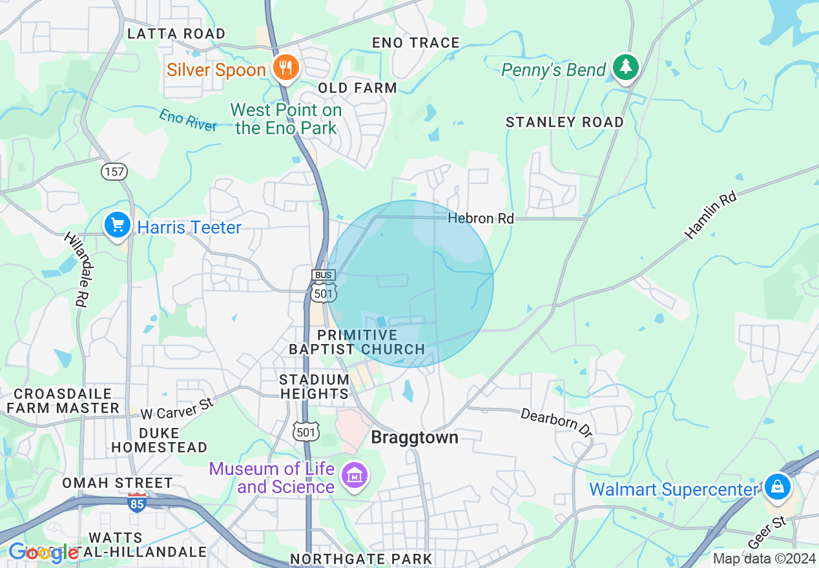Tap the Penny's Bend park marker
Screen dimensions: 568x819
pos(625,67)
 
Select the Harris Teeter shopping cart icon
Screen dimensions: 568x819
pos(117,226)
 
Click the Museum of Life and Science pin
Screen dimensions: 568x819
pos(355,476)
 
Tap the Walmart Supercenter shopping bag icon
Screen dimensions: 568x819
pos(777,487)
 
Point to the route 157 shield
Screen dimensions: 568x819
pos(114,172)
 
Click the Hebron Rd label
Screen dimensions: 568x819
pos(481,219)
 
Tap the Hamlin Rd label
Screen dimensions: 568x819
pos(710,216)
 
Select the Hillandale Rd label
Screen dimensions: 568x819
pos(76,269)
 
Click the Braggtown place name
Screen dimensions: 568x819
pos(414,438)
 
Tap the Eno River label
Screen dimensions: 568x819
pos(188,121)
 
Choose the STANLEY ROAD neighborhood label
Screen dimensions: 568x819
pos(565,122)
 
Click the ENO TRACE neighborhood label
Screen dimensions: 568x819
pos(415,43)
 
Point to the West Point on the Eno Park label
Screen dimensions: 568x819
pos(285,119)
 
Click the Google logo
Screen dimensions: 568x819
pos(43,553)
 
